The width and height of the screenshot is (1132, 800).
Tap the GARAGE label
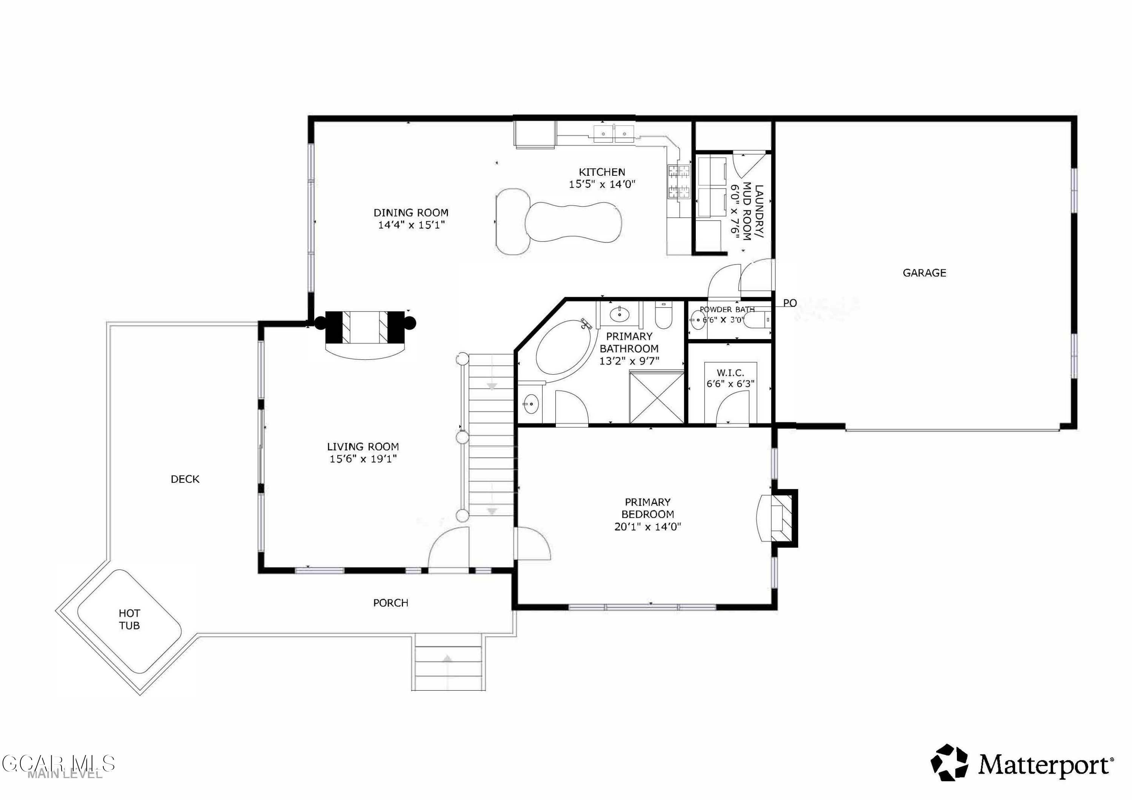[x=924, y=273]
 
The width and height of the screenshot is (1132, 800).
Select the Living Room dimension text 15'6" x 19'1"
[x=363, y=459]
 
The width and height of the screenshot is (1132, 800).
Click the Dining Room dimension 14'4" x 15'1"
[x=411, y=225]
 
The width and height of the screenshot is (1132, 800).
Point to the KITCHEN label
[x=601, y=172]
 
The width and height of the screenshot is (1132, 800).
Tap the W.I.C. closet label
[x=730, y=373]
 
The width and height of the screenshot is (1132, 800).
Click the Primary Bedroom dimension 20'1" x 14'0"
[x=648, y=527]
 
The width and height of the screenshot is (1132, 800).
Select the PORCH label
[x=391, y=603]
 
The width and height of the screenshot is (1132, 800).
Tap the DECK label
[x=185, y=479]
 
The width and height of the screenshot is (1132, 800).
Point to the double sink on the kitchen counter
[x=613, y=133]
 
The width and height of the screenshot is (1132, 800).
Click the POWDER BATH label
[x=727, y=310]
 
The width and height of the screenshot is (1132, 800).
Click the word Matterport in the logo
[x=1044, y=765]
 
